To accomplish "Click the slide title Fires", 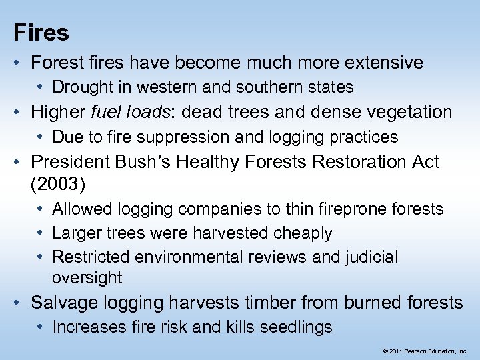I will (41, 32).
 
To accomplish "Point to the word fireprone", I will (341, 209).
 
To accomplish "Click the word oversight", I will (87, 277).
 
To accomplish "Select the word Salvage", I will (66, 303).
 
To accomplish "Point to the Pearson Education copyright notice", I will (425, 350).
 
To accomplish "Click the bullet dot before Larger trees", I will (42, 233).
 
